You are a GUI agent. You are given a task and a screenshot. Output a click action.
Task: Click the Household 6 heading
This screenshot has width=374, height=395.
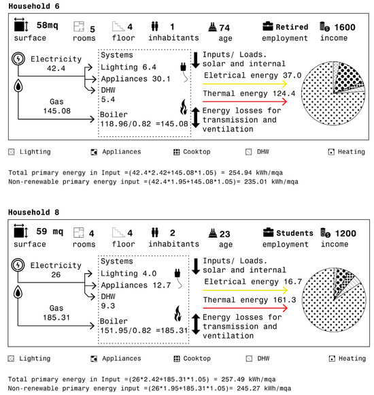(34, 6)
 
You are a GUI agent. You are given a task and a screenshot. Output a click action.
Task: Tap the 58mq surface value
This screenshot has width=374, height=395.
(48, 25)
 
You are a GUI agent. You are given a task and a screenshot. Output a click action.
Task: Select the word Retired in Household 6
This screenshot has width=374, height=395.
(292, 27)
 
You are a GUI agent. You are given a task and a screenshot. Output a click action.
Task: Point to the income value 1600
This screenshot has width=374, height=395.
(345, 27)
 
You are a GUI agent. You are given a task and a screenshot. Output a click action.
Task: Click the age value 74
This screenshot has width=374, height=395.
(224, 28)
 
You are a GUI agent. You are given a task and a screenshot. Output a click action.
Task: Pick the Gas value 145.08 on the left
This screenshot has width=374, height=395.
(57, 111)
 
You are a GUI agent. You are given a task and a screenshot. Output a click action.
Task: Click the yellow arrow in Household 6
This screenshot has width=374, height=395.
(245, 84)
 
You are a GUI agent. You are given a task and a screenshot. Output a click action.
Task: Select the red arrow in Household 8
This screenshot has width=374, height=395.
(245, 308)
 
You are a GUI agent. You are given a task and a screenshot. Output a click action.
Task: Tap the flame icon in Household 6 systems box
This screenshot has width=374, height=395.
(184, 107)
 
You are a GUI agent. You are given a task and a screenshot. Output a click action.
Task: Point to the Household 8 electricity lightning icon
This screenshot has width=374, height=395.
(18, 265)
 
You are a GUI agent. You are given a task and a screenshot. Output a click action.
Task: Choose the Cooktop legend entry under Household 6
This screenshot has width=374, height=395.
(192, 152)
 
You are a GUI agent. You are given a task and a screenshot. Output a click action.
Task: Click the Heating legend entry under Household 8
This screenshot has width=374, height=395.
(347, 358)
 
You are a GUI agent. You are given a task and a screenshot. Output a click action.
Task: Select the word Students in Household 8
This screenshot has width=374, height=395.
(294, 234)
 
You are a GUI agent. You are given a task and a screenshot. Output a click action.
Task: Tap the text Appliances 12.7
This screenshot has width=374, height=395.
(136, 285)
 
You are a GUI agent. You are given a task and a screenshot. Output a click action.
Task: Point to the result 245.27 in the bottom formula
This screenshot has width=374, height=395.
(248, 388)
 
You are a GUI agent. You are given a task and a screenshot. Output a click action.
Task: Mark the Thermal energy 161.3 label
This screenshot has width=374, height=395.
(250, 300)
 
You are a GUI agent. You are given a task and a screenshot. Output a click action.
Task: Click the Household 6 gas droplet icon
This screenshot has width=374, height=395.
(18, 86)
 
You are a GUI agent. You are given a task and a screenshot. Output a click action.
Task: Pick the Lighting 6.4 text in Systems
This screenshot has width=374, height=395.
(129, 67)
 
